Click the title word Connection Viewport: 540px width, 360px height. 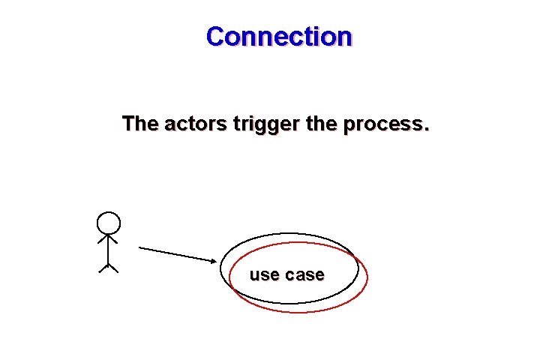coord(278,36)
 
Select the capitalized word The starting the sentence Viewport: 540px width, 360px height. coord(139,123)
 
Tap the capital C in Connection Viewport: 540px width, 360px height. coord(216,36)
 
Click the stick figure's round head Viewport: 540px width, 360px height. coord(109,223)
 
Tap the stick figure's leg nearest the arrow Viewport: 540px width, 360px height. coord(114,268)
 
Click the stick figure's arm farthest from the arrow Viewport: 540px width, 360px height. coord(103,240)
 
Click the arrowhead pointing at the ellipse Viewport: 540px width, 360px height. coord(212,260)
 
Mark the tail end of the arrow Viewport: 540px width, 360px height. coord(140,247)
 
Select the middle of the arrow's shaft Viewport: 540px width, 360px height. coord(176,253)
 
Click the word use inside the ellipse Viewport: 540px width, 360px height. coord(263,275)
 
